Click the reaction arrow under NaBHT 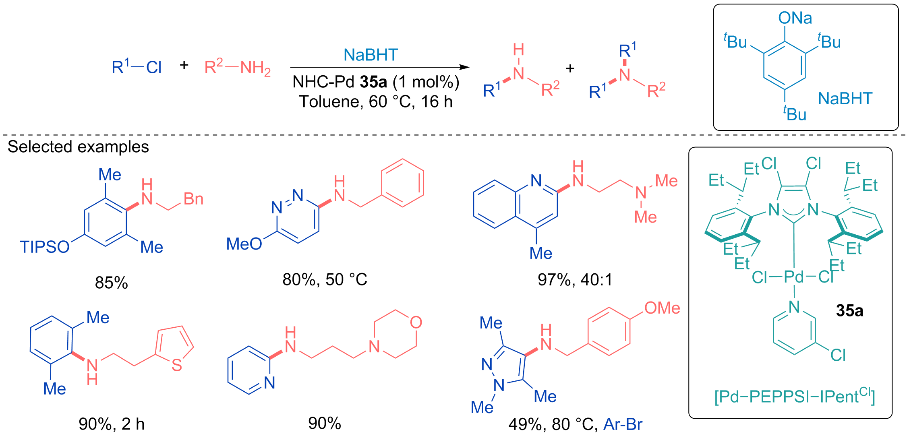click(380, 67)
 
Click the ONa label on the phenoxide click(795, 18)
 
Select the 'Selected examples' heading click(78, 147)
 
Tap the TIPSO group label click(45, 247)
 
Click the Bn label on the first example click(193, 199)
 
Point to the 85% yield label click(112, 283)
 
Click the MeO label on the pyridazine click(244, 244)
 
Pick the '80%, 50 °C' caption click(325, 279)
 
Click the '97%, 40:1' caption click(575, 279)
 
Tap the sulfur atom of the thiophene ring click(177, 365)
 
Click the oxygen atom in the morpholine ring click(416, 322)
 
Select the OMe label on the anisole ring click(662, 308)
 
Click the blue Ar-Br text click(623, 424)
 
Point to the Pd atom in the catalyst click(794, 277)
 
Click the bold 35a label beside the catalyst click(850, 311)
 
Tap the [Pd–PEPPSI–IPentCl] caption click(795, 397)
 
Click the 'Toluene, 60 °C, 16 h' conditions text click(376, 102)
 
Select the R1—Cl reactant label click(137, 67)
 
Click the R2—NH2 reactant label click(238, 67)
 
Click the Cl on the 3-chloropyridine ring click(838, 355)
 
